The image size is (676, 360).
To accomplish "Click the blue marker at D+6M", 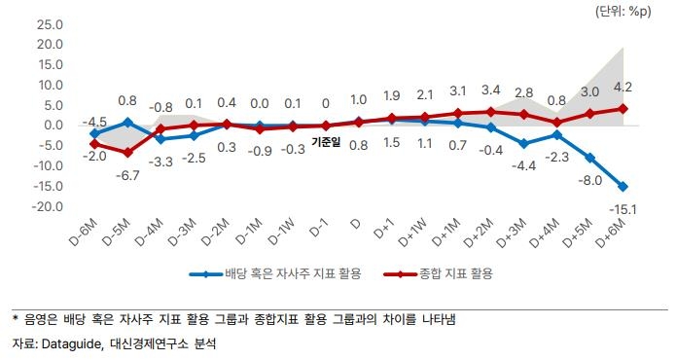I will (x=623, y=186).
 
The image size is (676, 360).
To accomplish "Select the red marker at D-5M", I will (x=127, y=153).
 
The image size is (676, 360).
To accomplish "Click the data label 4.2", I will (x=623, y=89).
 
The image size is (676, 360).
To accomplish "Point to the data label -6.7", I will (x=128, y=176).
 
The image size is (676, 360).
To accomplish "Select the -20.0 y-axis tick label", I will (x=47, y=207).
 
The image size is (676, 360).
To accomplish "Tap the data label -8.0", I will (x=589, y=180).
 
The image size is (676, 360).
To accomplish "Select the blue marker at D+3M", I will (x=523, y=143).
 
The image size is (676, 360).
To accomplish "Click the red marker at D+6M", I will (x=623, y=108).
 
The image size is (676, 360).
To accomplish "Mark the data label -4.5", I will (x=94, y=122).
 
